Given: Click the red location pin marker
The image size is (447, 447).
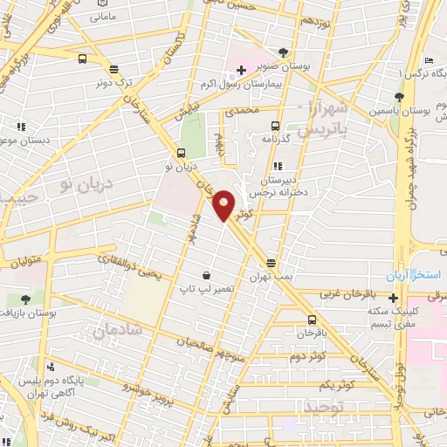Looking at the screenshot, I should point(224,205).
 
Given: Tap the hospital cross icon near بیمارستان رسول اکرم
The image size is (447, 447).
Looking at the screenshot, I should point(241,69).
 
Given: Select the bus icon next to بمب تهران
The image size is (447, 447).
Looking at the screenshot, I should point(271,262).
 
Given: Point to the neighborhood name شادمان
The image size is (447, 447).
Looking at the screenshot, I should point(113,330).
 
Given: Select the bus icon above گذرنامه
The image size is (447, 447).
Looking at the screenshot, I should point(275,125).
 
